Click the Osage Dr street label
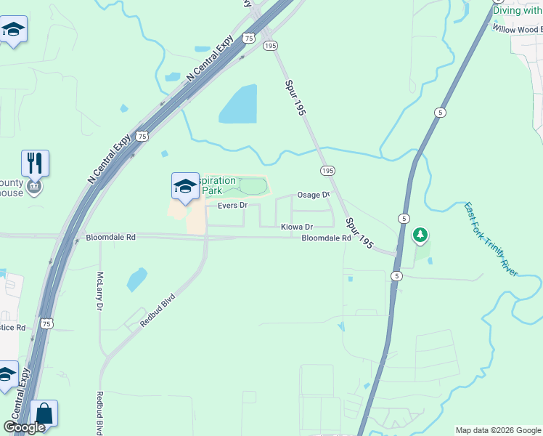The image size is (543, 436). [x=313, y=195]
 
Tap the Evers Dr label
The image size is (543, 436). [x=233, y=206]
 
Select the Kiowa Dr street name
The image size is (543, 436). [x=297, y=227]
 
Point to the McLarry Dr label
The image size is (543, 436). [x=99, y=291]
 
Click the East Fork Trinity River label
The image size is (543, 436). [x=491, y=238]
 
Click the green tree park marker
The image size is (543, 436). [x=420, y=235]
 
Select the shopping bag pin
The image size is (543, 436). [x=44, y=414]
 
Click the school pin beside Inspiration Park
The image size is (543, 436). [x=185, y=186]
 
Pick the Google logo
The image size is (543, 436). [x=24, y=428]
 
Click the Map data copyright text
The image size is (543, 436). [x=498, y=430]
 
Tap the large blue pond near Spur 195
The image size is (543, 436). [x=238, y=105]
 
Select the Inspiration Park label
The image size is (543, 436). [x=218, y=185]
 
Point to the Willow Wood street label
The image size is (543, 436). [x=517, y=29]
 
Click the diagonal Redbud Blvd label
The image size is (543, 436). [x=158, y=310]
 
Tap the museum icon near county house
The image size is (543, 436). [x=33, y=187]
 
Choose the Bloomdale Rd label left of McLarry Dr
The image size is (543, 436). [x=110, y=238]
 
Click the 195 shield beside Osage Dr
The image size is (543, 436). [x=327, y=170]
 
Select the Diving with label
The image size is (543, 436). [x=517, y=10]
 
